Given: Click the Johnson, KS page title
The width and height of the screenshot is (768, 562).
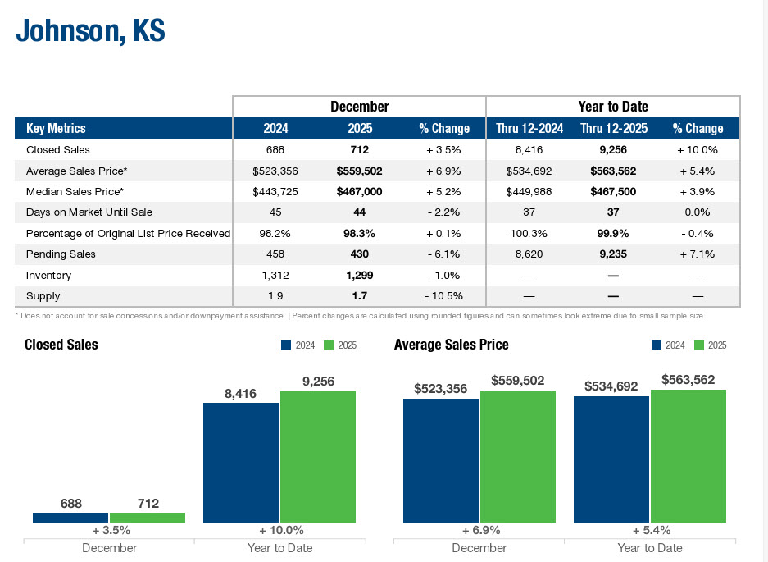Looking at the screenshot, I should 91,31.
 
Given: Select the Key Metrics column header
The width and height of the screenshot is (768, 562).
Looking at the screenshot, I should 56,128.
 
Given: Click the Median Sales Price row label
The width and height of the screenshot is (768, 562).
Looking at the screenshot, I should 75,191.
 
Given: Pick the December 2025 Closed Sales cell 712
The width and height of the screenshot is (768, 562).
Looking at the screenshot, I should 359,150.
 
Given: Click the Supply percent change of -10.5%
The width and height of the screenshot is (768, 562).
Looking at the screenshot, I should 443,295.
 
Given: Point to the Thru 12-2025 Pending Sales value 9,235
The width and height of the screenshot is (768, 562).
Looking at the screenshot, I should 613,254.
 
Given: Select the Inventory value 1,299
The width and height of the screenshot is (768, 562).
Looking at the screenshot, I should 359,275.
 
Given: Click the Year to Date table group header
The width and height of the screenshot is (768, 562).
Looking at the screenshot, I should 613,107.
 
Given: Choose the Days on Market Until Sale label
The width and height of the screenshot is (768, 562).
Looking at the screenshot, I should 89,212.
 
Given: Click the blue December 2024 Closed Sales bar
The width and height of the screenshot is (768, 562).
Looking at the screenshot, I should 71,518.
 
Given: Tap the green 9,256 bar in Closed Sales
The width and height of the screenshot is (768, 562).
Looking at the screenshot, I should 318,456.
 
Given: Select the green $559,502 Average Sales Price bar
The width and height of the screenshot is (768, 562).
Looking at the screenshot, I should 518,456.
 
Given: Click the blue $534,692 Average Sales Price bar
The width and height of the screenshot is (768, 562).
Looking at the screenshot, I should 611,459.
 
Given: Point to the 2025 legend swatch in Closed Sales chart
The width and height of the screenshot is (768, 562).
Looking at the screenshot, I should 329,345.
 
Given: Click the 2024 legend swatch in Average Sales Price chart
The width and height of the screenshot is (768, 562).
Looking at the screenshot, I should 657,345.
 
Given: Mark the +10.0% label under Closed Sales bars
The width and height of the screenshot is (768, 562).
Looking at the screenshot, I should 281,530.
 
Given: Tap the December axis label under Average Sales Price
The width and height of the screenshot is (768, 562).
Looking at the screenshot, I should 479,547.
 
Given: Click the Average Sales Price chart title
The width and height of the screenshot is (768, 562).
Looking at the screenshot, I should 452,345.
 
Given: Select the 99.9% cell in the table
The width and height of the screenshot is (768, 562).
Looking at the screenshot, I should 613,233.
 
